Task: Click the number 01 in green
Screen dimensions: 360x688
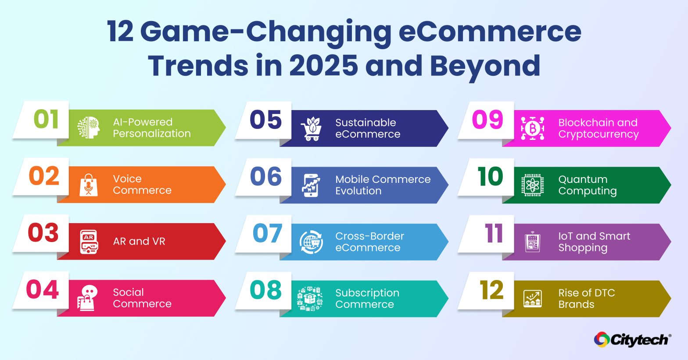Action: [46, 120]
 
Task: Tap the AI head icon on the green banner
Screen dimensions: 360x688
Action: [89, 128]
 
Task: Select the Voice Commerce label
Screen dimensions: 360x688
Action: [142, 185]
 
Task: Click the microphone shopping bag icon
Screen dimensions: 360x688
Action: [89, 185]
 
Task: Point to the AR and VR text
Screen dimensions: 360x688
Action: [139, 241]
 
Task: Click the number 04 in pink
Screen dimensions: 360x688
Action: [43, 290]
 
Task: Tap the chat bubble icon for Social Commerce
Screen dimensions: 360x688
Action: [88, 298]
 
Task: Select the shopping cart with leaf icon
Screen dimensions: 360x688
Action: [311, 128]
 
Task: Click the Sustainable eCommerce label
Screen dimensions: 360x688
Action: [367, 128]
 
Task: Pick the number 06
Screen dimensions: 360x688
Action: [265, 177]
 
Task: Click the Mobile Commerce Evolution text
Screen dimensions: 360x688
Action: [383, 185]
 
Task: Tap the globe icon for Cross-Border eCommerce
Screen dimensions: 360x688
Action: [311, 242]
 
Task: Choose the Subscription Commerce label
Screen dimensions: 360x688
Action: [367, 299]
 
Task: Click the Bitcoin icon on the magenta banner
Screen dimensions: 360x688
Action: [533, 128]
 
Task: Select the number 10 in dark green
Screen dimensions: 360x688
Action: [490, 177]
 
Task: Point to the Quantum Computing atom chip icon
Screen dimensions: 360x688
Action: [533, 185]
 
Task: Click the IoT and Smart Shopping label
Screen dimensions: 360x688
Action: [594, 242]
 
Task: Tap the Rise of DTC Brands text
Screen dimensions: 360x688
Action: [586, 299]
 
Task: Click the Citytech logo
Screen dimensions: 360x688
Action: [632, 339]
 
